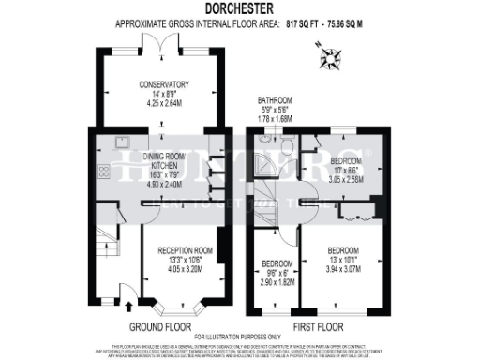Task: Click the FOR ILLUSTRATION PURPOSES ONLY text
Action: tap(239, 335)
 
